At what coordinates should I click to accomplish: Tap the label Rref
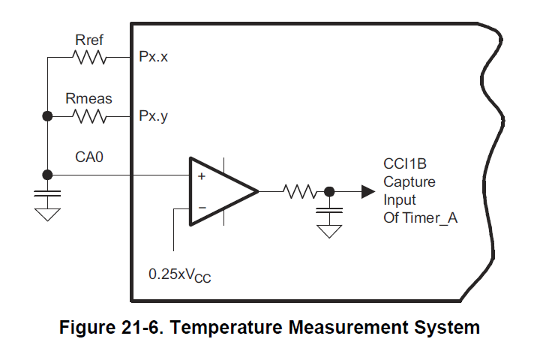pyautogui.click(x=90, y=40)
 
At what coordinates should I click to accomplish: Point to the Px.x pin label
pyautogui.click(x=153, y=58)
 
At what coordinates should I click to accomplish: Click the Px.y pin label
pyautogui.click(x=153, y=117)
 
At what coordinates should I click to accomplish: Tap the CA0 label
pyautogui.click(x=88, y=157)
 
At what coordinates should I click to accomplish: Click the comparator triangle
pyautogui.click(x=220, y=191)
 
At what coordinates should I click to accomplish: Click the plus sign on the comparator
pyautogui.click(x=201, y=177)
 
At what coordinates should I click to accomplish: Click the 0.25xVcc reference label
pyautogui.click(x=180, y=274)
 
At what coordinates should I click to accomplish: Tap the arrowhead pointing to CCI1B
pyautogui.click(x=367, y=191)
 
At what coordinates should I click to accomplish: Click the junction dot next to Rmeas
pyautogui.click(x=47, y=117)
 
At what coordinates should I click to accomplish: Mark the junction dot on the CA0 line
pyautogui.click(x=47, y=175)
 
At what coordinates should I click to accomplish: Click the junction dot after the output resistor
pyautogui.click(x=328, y=191)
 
